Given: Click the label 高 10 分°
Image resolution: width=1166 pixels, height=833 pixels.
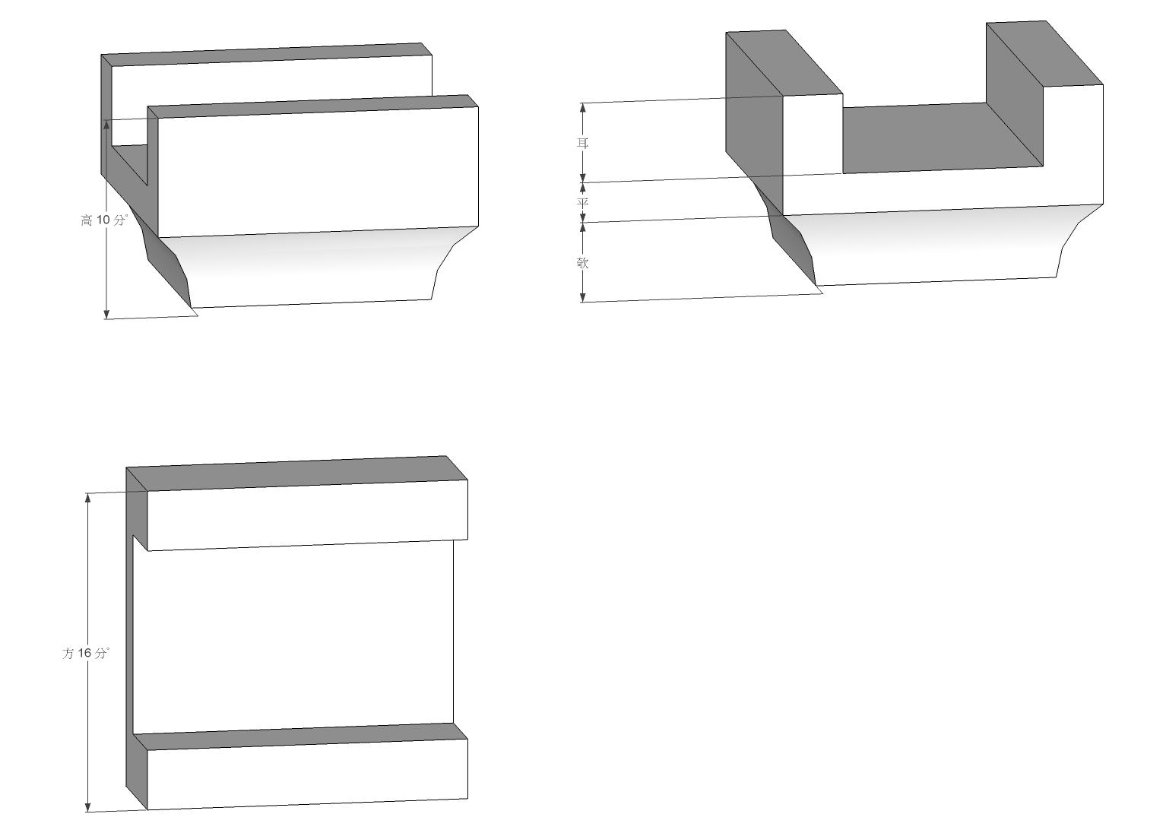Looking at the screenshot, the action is (x=104, y=220).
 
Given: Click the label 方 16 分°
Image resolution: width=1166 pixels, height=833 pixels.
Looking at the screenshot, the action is (x=86, y=654).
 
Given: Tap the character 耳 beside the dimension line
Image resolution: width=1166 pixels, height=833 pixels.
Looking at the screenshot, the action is (x=582, y=143).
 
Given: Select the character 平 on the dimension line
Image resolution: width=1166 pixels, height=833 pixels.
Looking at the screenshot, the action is (x=582, y=202).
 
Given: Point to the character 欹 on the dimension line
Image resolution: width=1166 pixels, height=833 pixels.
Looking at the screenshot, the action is (x=582, y=262).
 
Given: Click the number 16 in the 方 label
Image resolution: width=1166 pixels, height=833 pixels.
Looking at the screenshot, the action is (x=85, y=654).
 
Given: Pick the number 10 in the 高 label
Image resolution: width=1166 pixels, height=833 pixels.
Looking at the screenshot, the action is (x=103, y=220).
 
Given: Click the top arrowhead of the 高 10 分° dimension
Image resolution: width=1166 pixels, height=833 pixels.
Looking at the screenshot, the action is (x=106, y=125).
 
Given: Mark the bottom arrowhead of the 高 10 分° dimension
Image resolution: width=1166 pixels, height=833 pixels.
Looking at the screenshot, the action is (x=106, y=314).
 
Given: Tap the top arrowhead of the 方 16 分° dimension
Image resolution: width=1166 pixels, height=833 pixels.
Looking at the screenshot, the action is (x=88, y=498).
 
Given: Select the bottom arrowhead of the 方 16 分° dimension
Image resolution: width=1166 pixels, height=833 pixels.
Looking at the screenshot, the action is (x=88, y=807).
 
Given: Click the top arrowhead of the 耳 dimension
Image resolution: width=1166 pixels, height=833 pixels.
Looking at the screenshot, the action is (x=583, y=108).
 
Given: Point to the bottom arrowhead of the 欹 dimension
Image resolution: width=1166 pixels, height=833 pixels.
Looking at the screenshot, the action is (x=583, y=296).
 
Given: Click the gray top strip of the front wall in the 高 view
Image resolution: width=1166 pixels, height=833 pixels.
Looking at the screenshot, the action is (x=313, y=106).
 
